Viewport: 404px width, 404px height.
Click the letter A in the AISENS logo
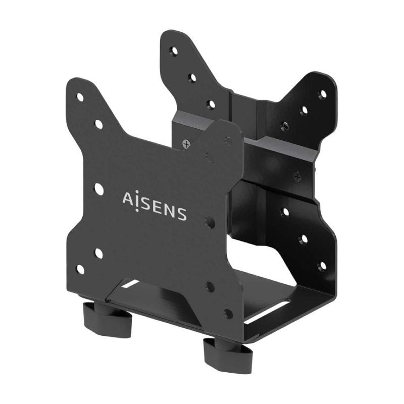click(x=128, y=198)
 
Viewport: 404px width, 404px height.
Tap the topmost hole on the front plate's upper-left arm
click(x=80, y=97)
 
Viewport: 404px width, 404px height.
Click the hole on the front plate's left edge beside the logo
click(x=99, y=189)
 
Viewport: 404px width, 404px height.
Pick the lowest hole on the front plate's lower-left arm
click(x=80, y=269)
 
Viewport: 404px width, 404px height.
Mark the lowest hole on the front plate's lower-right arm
click(x=228, y=314)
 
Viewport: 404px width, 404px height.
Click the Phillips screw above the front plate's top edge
click(x=187, y=143)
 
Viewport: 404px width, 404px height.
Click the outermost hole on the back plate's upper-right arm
click(x=322, y=94)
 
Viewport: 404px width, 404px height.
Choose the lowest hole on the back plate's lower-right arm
click(x=322, y=265)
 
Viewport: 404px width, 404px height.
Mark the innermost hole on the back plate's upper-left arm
click(x=211, y=105)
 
